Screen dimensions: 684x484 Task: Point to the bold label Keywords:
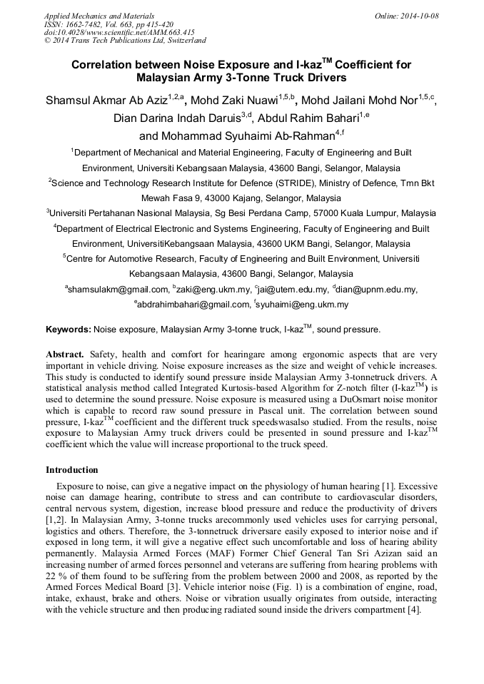pyautogui.click(x=69, y=330)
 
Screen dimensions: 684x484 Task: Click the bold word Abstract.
pyautogui.click(x=65, y=354)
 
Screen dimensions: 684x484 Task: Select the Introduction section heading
pyautogui.click(x=72, y=470)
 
